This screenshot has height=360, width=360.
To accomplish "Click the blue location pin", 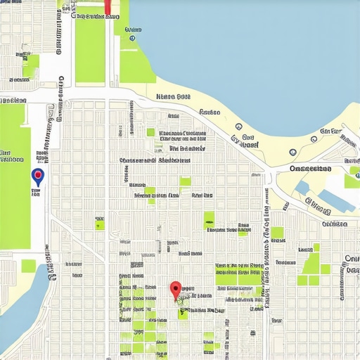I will (x=38, y=176).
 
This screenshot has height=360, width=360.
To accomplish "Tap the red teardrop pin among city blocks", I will (x=176, y=288).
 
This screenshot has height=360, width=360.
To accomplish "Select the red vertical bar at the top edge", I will (x=108, y=7).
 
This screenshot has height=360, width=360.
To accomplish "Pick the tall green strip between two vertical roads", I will (x=89, y=46).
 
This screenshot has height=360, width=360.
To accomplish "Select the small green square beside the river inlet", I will (x=28, y=266).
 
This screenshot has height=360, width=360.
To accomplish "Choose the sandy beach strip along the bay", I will (x=211, y=105).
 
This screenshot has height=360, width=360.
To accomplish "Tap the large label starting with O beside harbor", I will (x=310, y=169).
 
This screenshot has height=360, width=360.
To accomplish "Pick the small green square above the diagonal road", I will (x=100, y=224).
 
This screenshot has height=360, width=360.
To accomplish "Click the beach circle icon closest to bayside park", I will (x=238, y=127).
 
